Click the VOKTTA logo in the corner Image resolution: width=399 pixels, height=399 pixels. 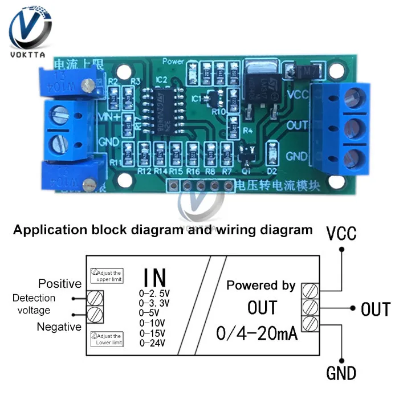pos(28,31)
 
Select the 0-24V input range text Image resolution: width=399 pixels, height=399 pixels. pos(152,343)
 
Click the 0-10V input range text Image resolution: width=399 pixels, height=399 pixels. pos(152,323)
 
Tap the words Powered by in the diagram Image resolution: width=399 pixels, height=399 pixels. pos(261,286)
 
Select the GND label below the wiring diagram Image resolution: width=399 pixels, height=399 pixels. pos(341,374)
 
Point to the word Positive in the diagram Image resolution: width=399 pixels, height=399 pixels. pos(59,283)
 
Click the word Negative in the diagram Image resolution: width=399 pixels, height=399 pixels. pos(59,327)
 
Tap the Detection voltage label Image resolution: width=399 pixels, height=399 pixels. pos(34,304)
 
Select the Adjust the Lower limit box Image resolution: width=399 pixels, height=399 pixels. pos(107,339)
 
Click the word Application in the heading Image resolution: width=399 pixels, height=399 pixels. pos(44,230)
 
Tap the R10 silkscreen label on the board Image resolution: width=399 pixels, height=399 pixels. pos(218,111)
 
